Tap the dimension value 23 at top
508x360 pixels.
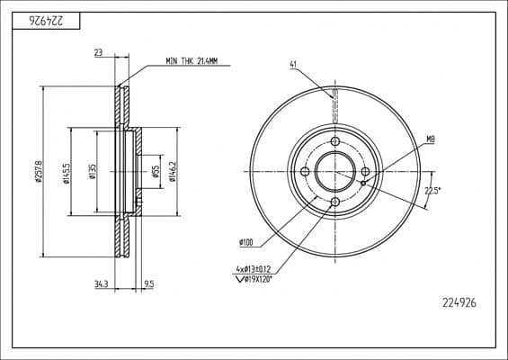point(97,54)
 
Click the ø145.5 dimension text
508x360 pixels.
point(66,171)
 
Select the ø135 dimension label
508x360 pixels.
point(91,171)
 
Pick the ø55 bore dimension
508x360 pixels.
point(156,172)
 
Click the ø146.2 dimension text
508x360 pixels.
point(172,171)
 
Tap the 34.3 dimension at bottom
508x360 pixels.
point(101,284)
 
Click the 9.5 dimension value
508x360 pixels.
point(148,284)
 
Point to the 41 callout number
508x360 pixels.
point(294,64)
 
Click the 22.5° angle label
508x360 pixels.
point(432,190)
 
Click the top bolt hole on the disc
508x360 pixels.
point(334,142)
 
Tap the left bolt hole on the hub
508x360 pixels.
point(305,172)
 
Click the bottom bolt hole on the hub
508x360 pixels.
point(334,202)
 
